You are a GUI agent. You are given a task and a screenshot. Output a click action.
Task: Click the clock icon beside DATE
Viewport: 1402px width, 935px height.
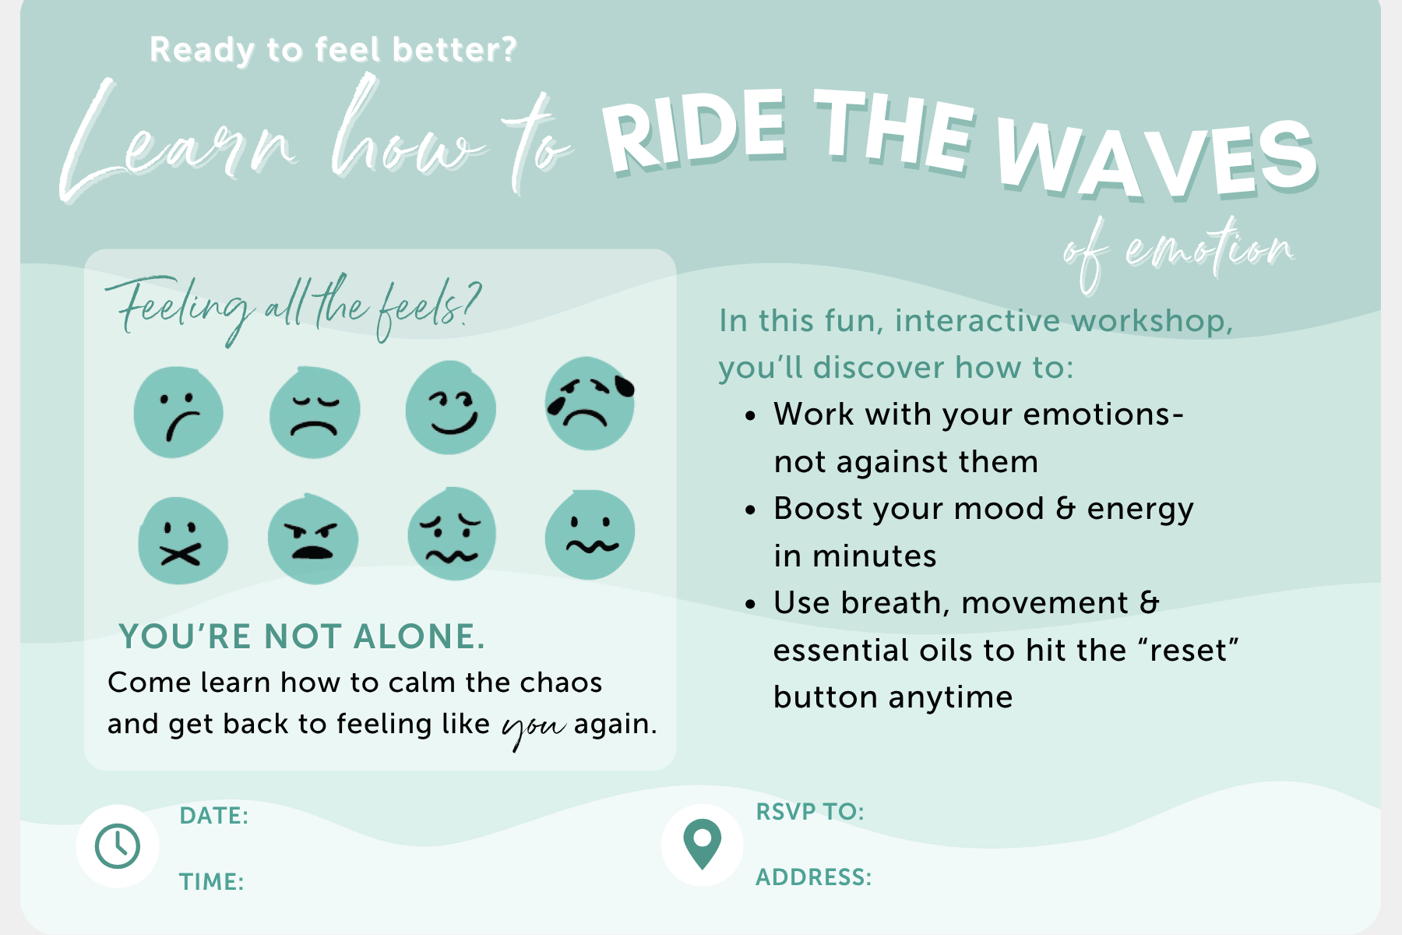[118, 846]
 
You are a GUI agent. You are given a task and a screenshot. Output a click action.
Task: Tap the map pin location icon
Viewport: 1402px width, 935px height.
[702, 844]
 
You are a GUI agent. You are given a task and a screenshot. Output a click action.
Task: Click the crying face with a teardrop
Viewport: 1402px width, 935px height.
[590, 404]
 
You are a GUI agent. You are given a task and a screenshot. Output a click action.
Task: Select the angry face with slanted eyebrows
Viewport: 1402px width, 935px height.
[313, 539]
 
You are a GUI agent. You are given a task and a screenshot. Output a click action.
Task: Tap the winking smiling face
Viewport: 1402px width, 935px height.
[451, 408]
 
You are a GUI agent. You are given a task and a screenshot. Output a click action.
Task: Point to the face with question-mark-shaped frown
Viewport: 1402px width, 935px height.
[178, 412]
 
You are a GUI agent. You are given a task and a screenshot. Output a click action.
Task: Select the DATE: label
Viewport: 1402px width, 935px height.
[214, 816]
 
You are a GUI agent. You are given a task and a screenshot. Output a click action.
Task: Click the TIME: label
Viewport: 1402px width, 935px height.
[212, 882]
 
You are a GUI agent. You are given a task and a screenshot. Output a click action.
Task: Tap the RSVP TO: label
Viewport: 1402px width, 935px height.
[810, 812]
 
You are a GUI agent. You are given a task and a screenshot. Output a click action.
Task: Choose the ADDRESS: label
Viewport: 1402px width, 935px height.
[814, 877]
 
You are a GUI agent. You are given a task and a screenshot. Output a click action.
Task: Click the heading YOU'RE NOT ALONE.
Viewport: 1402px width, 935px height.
[302, 637]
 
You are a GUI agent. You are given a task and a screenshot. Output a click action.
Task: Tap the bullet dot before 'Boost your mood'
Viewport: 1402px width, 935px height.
[750, 510]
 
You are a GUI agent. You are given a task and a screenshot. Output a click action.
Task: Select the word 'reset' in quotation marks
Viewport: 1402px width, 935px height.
[1188, 651]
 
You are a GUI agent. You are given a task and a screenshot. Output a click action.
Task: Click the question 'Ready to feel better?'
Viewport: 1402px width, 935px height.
[333, 50]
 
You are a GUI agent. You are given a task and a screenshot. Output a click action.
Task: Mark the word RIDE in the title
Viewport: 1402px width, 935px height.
[694, 132]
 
